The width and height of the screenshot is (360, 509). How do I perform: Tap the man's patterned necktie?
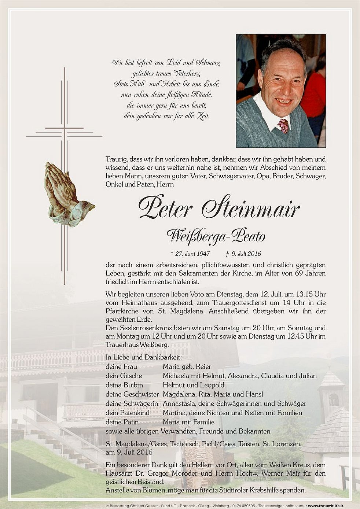(283, 126)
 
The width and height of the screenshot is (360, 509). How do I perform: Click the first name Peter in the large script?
(165, 208)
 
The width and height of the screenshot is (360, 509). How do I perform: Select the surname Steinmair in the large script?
(251, 208)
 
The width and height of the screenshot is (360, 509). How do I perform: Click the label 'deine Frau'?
(121, 366)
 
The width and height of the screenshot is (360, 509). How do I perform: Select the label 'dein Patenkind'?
(128, 413)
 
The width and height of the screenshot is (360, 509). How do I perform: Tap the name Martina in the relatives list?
(174, 413)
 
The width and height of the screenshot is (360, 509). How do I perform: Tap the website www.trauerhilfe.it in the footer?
(326, 506)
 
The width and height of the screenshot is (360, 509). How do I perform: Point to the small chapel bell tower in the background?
(331, 392)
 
